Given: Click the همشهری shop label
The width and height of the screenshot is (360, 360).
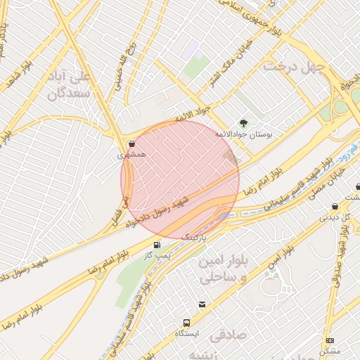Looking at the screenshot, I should (x=133, y=157).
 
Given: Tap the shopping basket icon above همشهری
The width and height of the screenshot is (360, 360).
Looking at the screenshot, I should (x=133, y=143).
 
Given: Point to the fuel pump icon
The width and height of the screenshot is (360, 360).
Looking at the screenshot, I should (x=156, y=245).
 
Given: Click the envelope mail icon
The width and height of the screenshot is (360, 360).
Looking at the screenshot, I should (x=202, y=304).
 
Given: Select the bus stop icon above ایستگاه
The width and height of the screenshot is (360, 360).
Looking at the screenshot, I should (x=188, y=321).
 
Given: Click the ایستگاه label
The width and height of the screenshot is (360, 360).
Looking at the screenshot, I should (x=187, y=333).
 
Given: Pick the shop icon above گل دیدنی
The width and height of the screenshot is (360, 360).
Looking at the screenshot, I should (x=335, y=207).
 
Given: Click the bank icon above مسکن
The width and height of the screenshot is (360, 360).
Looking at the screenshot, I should (x=330, y=340).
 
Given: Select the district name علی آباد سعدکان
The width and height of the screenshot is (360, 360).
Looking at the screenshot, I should (x=70, y=84).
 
